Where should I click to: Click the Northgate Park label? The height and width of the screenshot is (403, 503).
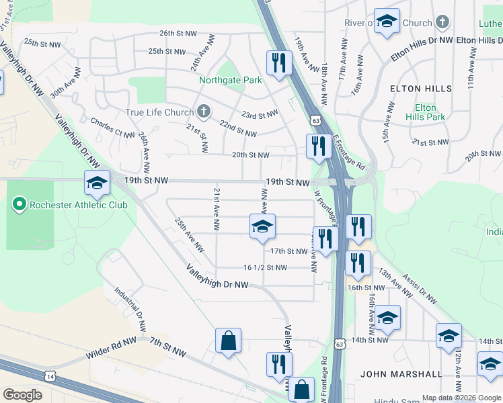pyautogui.click(x=230, y=81)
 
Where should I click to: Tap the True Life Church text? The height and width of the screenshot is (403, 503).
pyautogui.click(x=159, y=112)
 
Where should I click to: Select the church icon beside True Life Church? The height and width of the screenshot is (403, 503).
pyautogui.click(x=203, y=111)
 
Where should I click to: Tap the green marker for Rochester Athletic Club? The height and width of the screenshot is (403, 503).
pyautogui.click(x=20, y=204)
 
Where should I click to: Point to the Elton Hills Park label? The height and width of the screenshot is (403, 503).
pyautogui.click(x=425, y=112)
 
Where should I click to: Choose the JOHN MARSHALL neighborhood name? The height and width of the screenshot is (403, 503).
pyautogui.click(x=401, y=374)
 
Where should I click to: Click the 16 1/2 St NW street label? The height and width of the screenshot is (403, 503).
pyautogui.click(x=265, y=267)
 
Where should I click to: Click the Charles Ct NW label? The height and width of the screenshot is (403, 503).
pyautogui.click(x=112, y=128)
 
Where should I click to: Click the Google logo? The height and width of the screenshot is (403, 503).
pyautogui.click(x=22, y=395)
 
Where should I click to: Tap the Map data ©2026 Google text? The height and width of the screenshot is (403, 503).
pyautogui.click(x=461, y=398)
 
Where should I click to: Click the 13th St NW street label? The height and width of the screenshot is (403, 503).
pyautogui.click(x=394, y=281)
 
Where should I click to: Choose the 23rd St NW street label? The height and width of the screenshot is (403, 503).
pyautogui.click(x=260, y=115)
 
